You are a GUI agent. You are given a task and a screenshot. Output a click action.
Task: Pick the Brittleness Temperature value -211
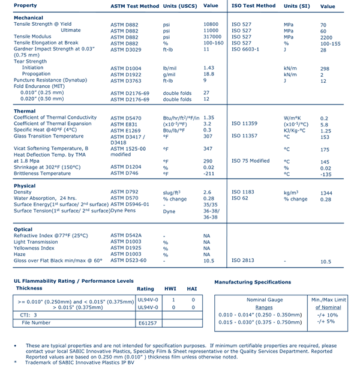(x=209, y=173)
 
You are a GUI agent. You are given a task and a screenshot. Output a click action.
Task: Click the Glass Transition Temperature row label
(x=49, y=136)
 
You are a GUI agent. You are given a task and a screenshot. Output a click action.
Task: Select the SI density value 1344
(x=326, y=192)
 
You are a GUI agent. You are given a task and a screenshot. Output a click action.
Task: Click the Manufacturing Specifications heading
(x=252, y=282)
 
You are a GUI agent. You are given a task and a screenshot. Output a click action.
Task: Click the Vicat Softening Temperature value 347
(x=208, y=148)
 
